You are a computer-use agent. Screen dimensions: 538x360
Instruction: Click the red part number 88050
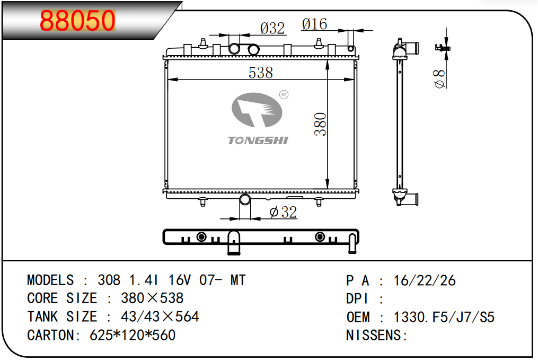click(x=78, y=20)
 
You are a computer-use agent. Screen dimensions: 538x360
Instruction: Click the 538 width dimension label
click(x=261, y=73)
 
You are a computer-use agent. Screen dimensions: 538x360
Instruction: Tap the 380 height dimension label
click(x=321, y=124)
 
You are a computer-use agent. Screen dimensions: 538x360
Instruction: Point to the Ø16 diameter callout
click(x=315, y=24)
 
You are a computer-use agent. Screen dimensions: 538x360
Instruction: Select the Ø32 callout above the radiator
click(x=272, y=28)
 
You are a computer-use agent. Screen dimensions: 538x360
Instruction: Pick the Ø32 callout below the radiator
click(x=284, y=212)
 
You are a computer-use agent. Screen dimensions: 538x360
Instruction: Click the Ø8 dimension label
click(x=439, y=78)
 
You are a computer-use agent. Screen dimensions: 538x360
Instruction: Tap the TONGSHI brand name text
click(x=258, y=141)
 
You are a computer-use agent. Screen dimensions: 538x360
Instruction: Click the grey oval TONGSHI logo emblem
click(x=257, y=110)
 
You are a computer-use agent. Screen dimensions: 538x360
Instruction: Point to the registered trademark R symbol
click(x=284, y=95)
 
